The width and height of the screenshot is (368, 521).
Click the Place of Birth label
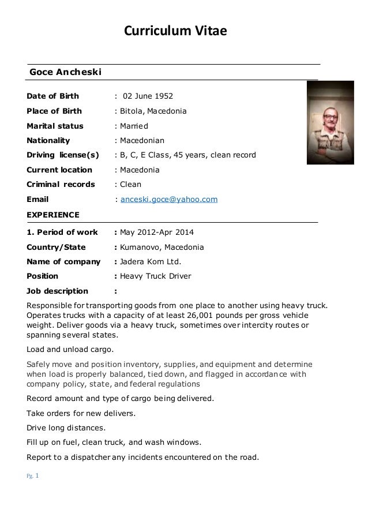(x=54, y=111)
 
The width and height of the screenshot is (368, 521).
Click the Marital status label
(x=55, y=126)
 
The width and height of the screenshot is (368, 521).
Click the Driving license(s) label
(x=62, y=155)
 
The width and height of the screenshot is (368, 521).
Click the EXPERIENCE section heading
(x=54, y=215)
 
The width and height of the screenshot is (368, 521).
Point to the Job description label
(x=58, y=291)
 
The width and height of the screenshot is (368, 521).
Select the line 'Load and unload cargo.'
(x=70, y=349)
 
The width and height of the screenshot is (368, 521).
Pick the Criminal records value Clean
(x=130, y=185)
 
